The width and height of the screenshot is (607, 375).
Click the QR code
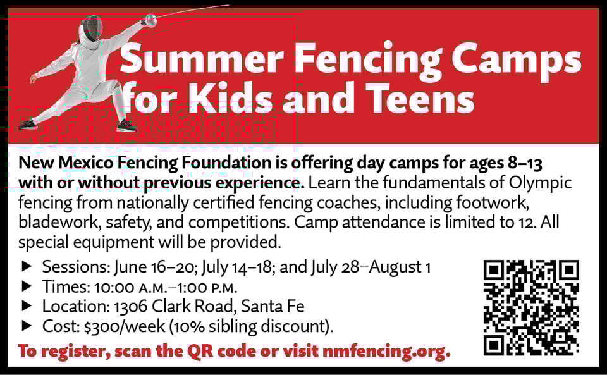pyautogui.click(x=532, y=307)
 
